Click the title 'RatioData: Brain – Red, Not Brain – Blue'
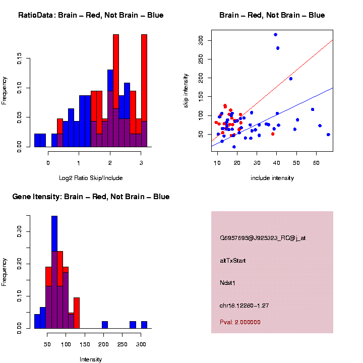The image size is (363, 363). (x=91, y=15)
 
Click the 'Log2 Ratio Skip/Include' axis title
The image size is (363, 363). (x=91, y=178)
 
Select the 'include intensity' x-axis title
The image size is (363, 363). (x=272, y=178)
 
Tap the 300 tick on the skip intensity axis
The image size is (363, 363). (x=201, y=39)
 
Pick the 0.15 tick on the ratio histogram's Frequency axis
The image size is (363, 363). (x=19, y=59)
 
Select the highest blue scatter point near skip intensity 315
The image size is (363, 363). (x=275, y=35)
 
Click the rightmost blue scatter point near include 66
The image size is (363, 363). (x=328, y=135)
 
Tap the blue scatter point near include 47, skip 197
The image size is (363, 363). (x=290, y=79)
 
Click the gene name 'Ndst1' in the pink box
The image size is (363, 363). (x=227, y=283)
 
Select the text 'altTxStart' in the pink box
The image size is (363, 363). (x=232, y=261)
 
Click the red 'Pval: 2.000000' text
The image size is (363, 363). (x=240, y=322)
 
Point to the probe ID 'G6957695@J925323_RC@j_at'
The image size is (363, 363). (x=262, y=238)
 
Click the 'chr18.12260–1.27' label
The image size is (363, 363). (x=245, y=305)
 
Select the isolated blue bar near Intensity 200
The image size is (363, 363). (x=105, y=325)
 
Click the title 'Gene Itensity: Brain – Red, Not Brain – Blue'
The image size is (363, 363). (x=91, y=197)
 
